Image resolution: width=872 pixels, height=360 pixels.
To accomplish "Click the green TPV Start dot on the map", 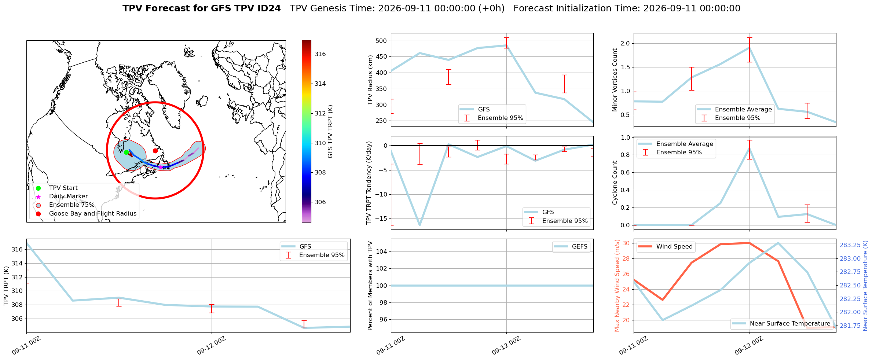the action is pos(126,152).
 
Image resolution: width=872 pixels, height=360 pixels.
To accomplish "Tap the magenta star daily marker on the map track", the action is pos(160,167).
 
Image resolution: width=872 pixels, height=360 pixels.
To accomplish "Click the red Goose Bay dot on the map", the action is pos(155,151).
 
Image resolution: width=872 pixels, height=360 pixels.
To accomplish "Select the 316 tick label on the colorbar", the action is pos(320,54).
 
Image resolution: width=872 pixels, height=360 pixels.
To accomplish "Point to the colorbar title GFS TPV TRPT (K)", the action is pos(330,132).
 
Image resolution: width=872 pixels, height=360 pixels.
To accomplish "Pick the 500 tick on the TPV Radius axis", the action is pos(381,41).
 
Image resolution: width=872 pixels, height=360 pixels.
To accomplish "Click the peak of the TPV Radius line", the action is pos(506,45).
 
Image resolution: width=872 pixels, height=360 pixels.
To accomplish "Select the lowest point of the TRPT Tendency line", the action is pos(420,225).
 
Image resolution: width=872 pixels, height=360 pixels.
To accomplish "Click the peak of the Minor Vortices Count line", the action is pos(750,47).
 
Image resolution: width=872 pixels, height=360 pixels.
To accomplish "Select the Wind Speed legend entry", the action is pos(665,247).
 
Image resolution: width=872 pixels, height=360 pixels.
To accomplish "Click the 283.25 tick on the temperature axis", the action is pos(850,245).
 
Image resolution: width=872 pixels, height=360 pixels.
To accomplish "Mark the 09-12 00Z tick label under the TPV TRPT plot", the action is pos(211,346).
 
